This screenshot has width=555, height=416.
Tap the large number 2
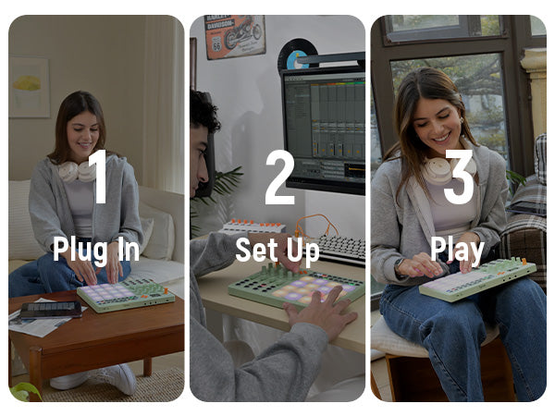pos(280,177)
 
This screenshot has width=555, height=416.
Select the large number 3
pos(459,177)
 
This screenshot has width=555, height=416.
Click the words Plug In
pos(96,251)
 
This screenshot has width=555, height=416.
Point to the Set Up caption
pos(277,251)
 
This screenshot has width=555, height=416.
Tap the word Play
pos(457,251)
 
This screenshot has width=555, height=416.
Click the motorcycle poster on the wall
pos(235,36)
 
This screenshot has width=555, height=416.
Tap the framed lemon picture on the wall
pos(30,87)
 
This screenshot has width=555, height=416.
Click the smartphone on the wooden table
pos(51,310)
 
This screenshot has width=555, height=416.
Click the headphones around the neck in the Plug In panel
pos(76,171)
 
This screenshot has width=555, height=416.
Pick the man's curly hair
pos(204,110)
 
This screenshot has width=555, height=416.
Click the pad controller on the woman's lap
pos(478,279)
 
